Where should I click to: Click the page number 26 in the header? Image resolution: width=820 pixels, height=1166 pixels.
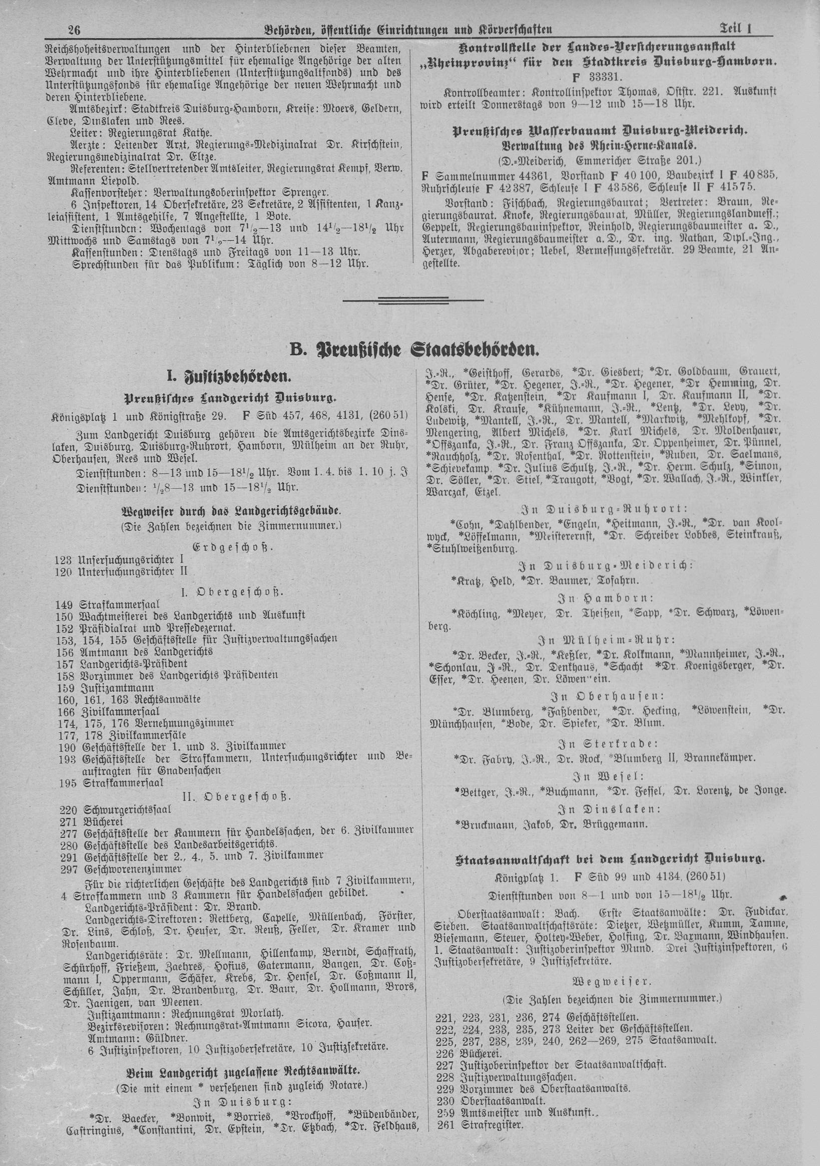74,30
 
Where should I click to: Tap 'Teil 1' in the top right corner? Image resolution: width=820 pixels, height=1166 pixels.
735,29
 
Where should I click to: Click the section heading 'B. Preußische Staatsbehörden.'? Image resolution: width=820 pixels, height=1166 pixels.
414,350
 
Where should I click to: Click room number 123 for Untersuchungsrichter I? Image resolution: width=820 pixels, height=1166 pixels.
64,560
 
